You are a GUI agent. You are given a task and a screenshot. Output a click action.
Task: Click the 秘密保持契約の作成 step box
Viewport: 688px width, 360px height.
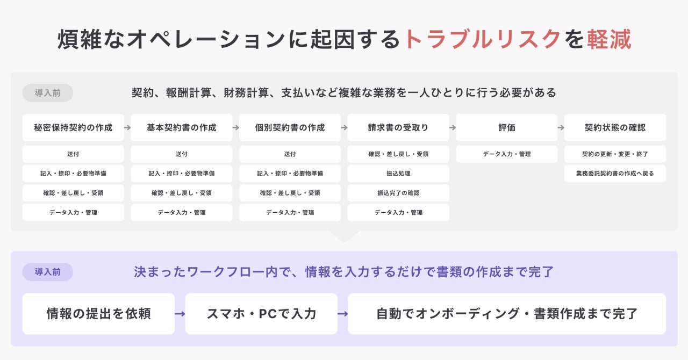(73, 128)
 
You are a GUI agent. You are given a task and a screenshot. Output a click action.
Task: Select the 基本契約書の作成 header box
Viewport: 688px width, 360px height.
(182, 128)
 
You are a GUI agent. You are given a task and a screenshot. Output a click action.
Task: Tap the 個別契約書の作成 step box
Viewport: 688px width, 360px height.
(290, 128)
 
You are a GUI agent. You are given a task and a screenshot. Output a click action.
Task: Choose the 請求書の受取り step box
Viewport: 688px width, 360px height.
(398, 128)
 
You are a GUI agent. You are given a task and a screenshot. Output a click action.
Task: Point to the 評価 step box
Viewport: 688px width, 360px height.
(507, 128)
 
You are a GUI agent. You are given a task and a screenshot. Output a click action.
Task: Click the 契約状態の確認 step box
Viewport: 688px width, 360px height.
(615, 128)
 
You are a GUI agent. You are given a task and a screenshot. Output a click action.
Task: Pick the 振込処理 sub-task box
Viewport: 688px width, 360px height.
(398, 174)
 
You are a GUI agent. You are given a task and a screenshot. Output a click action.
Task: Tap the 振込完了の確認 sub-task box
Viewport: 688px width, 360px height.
(398, 193)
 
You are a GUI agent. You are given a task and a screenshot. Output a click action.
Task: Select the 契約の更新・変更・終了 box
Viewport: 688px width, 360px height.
(615, 154)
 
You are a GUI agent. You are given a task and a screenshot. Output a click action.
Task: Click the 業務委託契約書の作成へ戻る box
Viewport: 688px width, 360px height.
(615, 174)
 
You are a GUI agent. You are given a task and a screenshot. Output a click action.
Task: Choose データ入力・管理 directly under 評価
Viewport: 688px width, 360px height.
(507, 154)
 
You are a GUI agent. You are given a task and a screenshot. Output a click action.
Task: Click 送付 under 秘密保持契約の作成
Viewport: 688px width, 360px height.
(73, 154)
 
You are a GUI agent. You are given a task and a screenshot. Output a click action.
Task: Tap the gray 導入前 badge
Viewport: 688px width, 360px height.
(48, 93)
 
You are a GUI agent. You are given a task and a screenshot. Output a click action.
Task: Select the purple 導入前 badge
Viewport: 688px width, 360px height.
(48, 272)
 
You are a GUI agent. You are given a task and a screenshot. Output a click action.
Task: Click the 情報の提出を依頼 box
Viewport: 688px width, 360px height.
(98, 314)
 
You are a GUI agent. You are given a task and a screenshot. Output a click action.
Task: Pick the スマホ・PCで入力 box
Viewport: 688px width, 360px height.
(261, 314)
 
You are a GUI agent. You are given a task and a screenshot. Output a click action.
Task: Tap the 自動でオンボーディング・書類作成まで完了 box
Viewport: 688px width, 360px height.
(507, 314)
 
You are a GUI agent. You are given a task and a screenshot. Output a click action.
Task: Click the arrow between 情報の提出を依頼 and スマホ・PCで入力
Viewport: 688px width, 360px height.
(180, 314)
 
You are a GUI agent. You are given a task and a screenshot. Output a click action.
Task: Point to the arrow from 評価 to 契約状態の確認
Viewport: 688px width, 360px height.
(561, 128)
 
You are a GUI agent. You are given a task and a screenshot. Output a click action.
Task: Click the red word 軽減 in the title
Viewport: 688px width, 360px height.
(608, 40)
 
